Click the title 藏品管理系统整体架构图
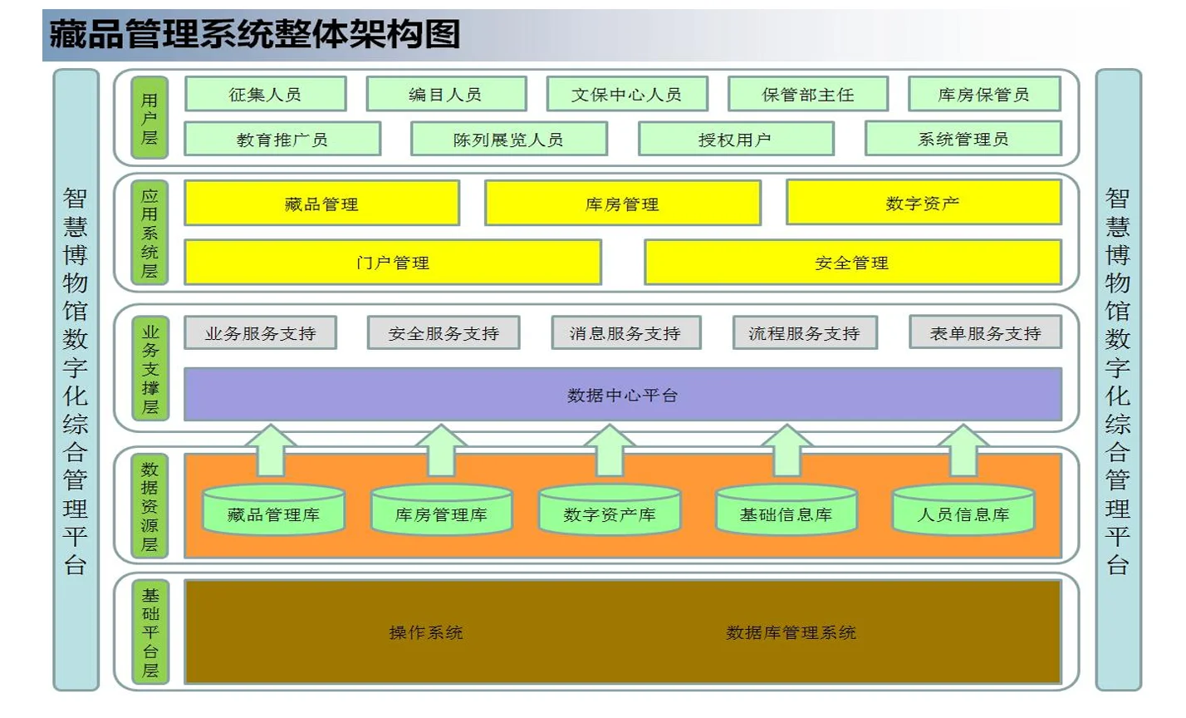coord(254,35)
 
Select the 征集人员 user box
coord(265,95)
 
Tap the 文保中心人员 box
coord(626,95)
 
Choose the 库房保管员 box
coord(983,95)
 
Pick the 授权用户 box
coord(735,140)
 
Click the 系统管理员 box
coord(963,140)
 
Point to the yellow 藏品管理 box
coord(321,204)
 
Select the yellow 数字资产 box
coord(923,203)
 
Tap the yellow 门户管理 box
coord(392,263)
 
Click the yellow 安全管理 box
coord(852,263)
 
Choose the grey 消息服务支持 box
coord(625,333)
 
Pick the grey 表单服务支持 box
coord(985,333)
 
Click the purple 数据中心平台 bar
coord(622,395)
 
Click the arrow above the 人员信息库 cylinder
coord(963,450)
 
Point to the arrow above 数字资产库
coord(610,450)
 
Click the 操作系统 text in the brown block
coord(426,632)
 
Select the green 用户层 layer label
coord(149,118)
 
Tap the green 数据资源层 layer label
coord(149,506)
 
